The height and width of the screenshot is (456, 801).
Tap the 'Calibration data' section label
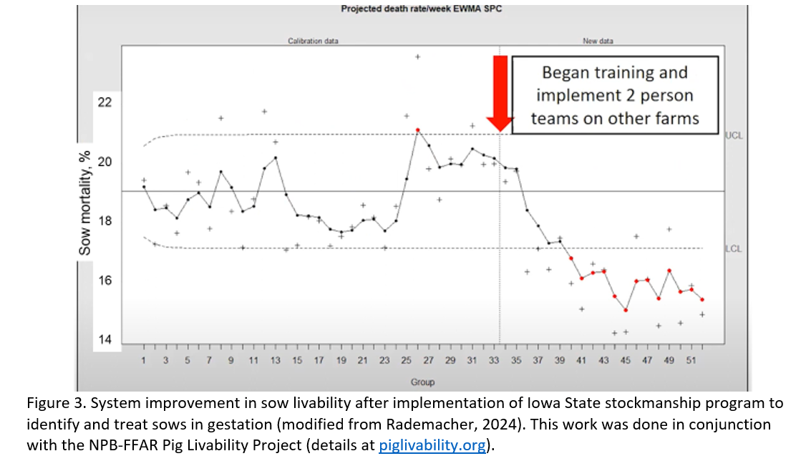(x=308, y=42)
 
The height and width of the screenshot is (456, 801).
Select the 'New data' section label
(x=598, y=42)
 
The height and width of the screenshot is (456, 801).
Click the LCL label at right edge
(x=733, y=249)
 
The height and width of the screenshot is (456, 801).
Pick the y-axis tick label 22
(x=105, y=102)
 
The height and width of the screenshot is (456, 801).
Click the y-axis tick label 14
(x=105, y=340)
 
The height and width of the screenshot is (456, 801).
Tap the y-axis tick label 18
(x=105, y=221)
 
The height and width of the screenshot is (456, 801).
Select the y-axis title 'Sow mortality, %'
(x=85, y=203)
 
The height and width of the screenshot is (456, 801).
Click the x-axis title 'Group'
(x=422, y=382)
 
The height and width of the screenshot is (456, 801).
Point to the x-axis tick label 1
(x=144, y=361)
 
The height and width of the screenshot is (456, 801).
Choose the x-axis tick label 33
(x=493, y=361)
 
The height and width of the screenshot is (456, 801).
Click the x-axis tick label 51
(x=690, y=361)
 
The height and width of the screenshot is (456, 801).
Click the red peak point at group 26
(x=417, y=130)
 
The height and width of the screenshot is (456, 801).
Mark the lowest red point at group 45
(x=626, y=310)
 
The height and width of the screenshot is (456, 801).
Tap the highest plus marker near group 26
(x=418, y=56)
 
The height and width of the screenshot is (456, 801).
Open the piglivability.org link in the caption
(x=432, y=445)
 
